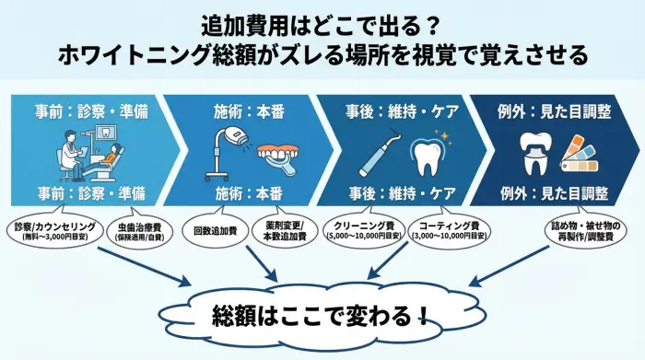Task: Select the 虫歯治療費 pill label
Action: pyautogui.click(x=137, y=231)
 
